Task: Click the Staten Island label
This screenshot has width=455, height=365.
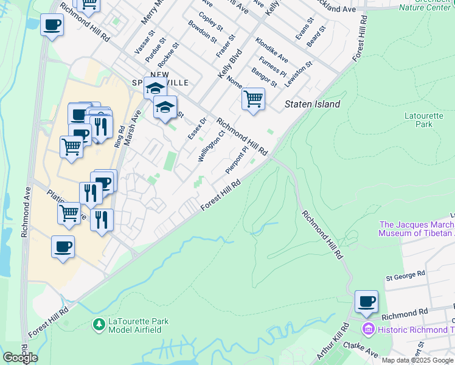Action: click(x=313, y=105)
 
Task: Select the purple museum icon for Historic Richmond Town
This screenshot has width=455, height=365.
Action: click(x=367, y=329)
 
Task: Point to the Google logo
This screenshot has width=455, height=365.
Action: click(x=20, y=358)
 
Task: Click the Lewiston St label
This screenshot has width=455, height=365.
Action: click(x=300, y=72)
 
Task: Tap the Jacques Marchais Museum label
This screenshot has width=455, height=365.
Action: click(x=416, y=229)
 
